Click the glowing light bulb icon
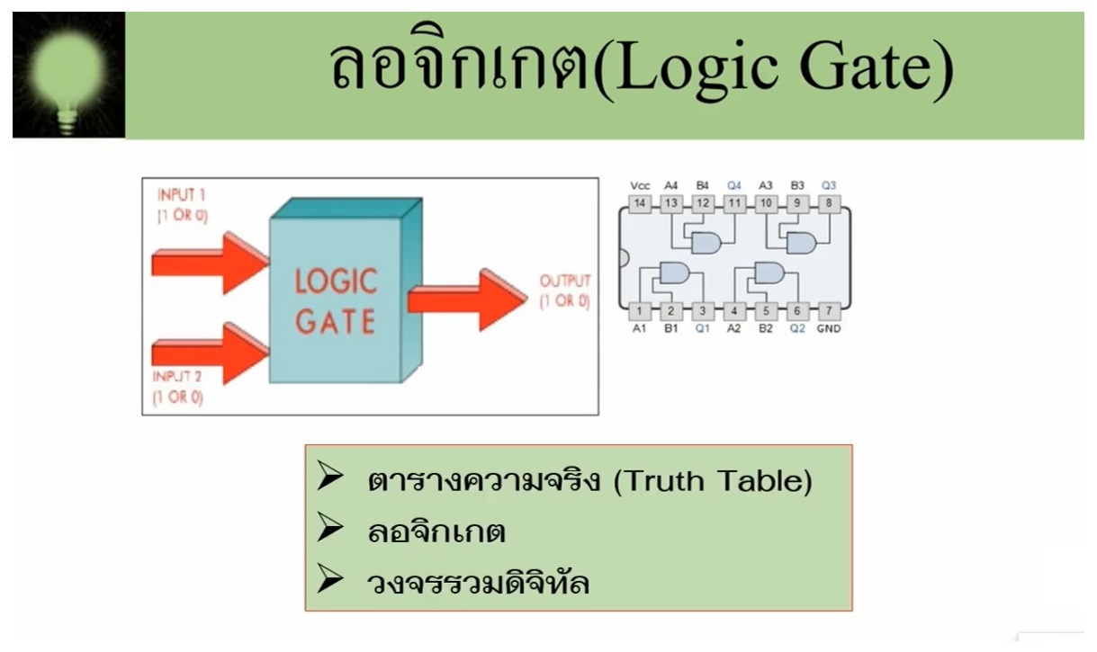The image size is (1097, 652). click(x=68, y=75)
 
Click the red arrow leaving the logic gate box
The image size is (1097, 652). click(x=467, y=299)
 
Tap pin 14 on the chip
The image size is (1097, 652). click(x=640, y=203)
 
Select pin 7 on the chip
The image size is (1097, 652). click(x=829, y=311)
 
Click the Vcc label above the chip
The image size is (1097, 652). click(x=640, y=186)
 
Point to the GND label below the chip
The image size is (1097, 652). click(x=829, y=328)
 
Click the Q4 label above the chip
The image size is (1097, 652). click(x=734, y=185)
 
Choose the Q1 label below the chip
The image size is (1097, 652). click(x=703, y=328)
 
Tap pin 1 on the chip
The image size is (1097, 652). click(x=640, y=311)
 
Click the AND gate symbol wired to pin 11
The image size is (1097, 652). click(x=706, y=243)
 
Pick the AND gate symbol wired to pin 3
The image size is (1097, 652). click(x=675, y=272)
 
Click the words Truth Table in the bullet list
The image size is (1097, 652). click(x=713, y=480)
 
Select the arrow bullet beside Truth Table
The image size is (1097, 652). click(x=329, y=475)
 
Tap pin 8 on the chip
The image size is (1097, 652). click(x=829, y=203)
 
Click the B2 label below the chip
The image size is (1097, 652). click(x=766, y=328)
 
